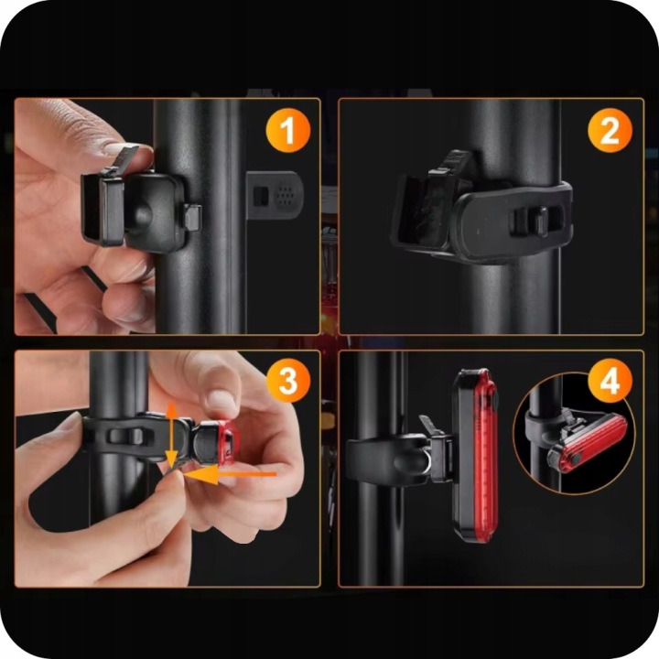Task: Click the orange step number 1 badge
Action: click(288, 130)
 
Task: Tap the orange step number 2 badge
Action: click(610, 130)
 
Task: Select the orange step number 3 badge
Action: click(288, 381)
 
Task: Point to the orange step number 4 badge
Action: click(610, 381)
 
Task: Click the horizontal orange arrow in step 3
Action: click(231, 474)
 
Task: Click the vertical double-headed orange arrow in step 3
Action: click(171, 435)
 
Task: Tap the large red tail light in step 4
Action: click(476, 455)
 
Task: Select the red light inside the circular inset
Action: click(588, 443)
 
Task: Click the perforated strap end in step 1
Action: click(275, 195)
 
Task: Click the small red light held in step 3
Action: click(227, 443)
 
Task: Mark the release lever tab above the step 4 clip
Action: click(428, 425)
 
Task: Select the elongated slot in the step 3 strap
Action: click(122, 436)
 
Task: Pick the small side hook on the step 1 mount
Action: click(192, 217)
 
